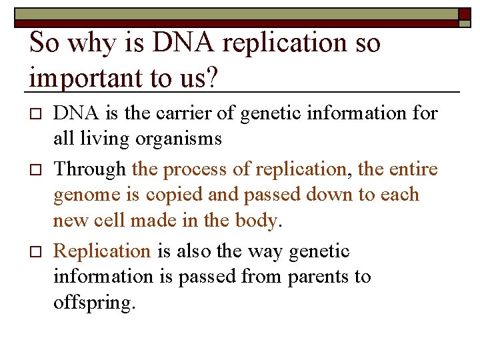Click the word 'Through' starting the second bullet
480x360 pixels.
click(89, 169)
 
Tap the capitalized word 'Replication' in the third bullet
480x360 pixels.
click(102, 251)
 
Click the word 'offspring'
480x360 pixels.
click(93, 303)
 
